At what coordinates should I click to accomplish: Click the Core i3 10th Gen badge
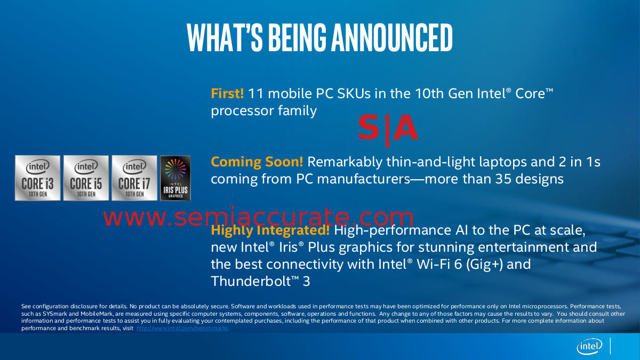click(x=38, y=178)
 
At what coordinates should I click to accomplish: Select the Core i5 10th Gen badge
click(x=86, y=178)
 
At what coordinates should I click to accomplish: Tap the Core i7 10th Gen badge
click(x=134, y=178)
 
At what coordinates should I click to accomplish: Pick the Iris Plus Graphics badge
click(x=175, y=178)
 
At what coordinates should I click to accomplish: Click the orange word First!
click(x=227, y=93)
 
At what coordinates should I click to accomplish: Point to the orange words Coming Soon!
click(x=257, y=162)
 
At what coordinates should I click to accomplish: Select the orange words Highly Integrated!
click(x=270, y=230)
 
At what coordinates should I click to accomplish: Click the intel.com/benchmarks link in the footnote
click(x=182, y=329)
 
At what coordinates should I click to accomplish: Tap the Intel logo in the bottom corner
click(x=589, y=347)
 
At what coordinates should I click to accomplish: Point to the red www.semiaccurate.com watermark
click(x=258, y=217)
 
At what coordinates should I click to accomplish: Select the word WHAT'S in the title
click(x=225, y=37)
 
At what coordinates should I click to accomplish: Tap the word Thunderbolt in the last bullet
click(x=251, y=281)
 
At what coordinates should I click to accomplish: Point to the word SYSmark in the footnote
click(x=54, y=314)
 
